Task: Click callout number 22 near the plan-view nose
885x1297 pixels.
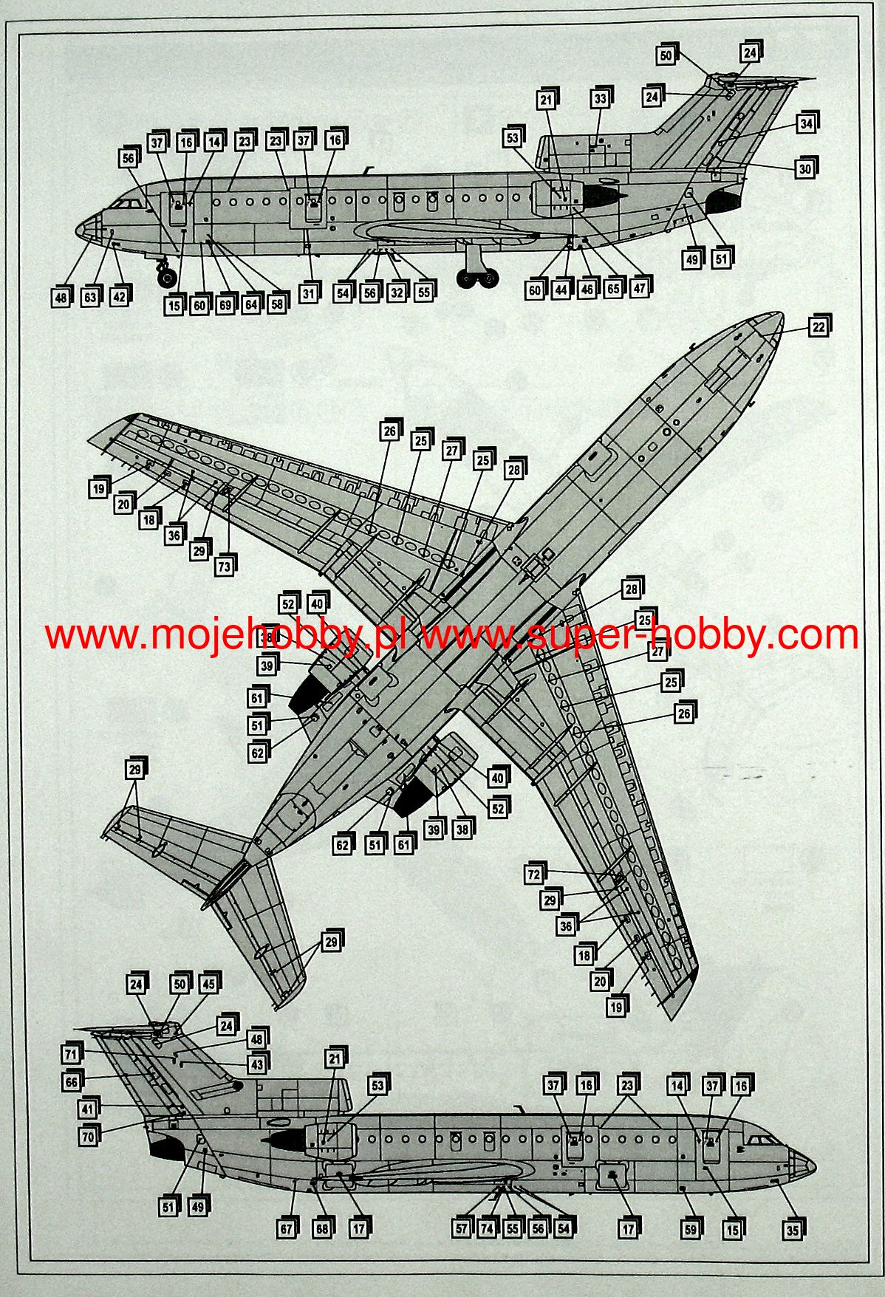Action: click(818, 327)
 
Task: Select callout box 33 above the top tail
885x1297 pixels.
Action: click(600, 99)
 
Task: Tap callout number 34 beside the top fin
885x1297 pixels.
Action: click(806, 124)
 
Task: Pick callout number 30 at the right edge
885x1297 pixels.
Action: click(804, 169)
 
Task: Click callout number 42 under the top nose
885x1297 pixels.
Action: click(119, 297)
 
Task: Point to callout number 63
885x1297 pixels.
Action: click(90, 298)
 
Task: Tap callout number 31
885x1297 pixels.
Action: click(308, 293)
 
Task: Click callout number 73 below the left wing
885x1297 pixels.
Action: click(224, 567)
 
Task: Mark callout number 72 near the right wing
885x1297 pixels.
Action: click(534, 875)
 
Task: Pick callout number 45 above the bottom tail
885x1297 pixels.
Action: click(209, 984)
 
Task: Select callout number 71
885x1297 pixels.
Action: click(71, 1054)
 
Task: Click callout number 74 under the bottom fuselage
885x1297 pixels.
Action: click(486, 1229)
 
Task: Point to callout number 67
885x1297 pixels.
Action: click(287, 1229)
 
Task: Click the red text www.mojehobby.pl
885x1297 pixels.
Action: click(225, 635)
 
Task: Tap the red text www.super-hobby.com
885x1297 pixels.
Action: click(639, 635)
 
